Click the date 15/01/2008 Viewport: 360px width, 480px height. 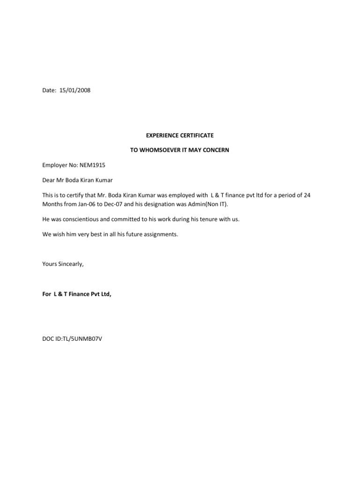pyautogui.click(x=75, y=91)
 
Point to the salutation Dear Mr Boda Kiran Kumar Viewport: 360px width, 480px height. pyautogui.click(x=77, y=180)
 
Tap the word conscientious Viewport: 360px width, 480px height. pyautogui.click(x=80, y=219)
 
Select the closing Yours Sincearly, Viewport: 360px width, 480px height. pyautogui.click(x=63, y=264)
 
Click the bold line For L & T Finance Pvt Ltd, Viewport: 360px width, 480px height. pyautogui.click(x=77, y=294)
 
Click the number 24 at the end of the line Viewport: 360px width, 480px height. pyautogui.click(x=307, y=195)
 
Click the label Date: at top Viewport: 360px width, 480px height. pyautogui.click(x=49, y=91)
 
